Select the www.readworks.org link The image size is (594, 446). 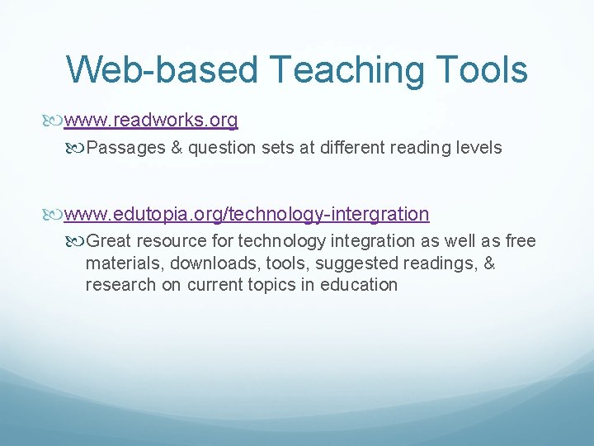pos(151,121)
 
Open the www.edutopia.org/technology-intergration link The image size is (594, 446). pos(247,215)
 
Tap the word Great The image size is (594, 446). pos(108,241)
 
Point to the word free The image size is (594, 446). pos(520,241)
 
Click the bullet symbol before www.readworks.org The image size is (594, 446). pos(55,121)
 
